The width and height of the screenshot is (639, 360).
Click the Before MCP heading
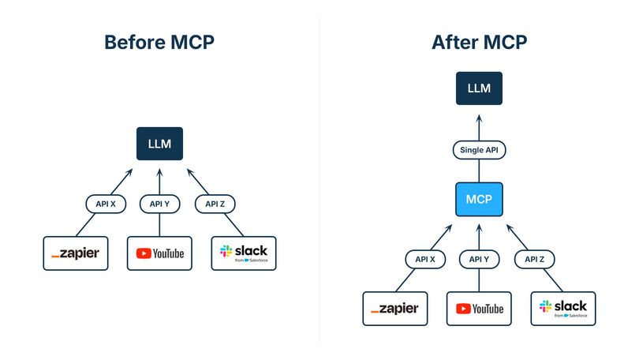[159, 43]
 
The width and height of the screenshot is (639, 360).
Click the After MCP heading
[479, 43]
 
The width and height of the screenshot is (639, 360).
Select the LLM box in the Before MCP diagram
[159, 144]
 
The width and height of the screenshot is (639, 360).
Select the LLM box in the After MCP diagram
[479, 88]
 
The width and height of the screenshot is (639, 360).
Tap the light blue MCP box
[479, 199]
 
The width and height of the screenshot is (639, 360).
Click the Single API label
[479, 150]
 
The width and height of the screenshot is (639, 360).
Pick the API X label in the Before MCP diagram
[106, 204]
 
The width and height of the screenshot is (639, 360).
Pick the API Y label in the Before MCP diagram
[159, 204]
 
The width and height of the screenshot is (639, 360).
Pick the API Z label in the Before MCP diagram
[214, 204]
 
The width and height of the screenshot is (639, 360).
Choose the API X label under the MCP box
[425, 259]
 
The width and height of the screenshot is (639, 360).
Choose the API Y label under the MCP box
[479, 259]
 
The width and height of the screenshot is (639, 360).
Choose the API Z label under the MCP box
[533, 259]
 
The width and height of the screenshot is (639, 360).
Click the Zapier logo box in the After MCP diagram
[395, 309]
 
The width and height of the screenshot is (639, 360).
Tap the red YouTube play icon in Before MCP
[144, 253]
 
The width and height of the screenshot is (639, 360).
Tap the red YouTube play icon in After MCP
[462, 309]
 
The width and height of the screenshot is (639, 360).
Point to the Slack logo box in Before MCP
[244, 253]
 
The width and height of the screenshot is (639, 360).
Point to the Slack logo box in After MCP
[563, 309]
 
